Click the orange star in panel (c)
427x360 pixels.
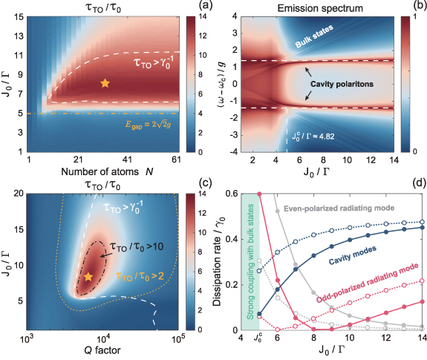pos(88,276)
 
